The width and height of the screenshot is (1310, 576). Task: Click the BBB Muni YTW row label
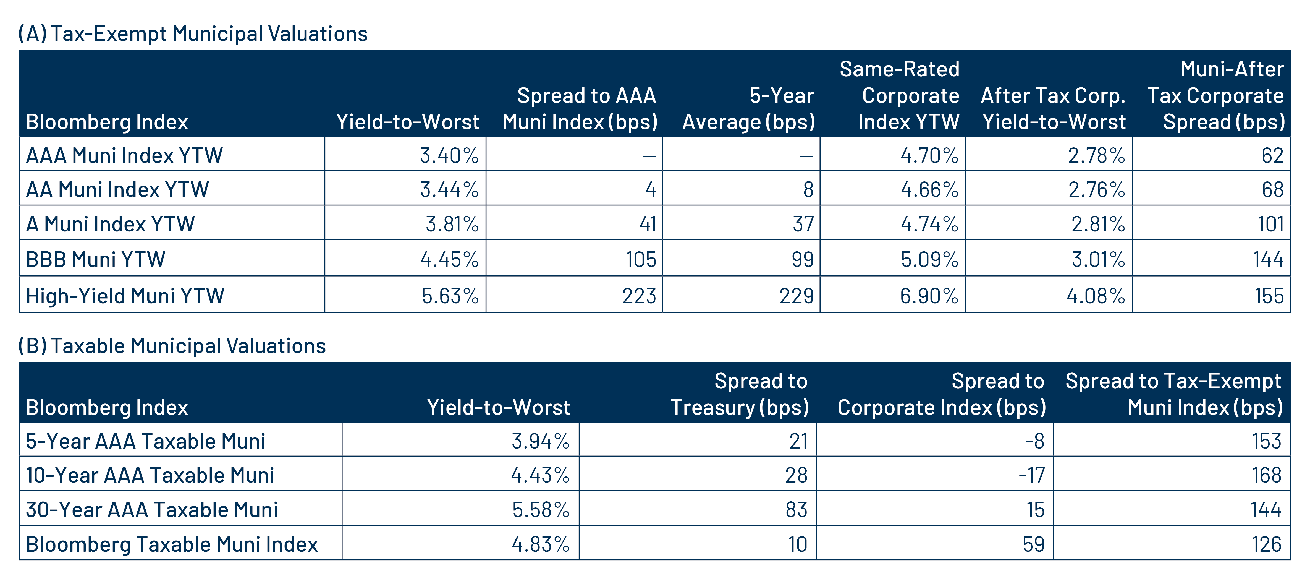pos(96,259)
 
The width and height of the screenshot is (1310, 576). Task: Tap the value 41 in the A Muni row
pos(647,224)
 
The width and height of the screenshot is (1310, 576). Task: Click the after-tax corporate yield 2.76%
pos(1096,189)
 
